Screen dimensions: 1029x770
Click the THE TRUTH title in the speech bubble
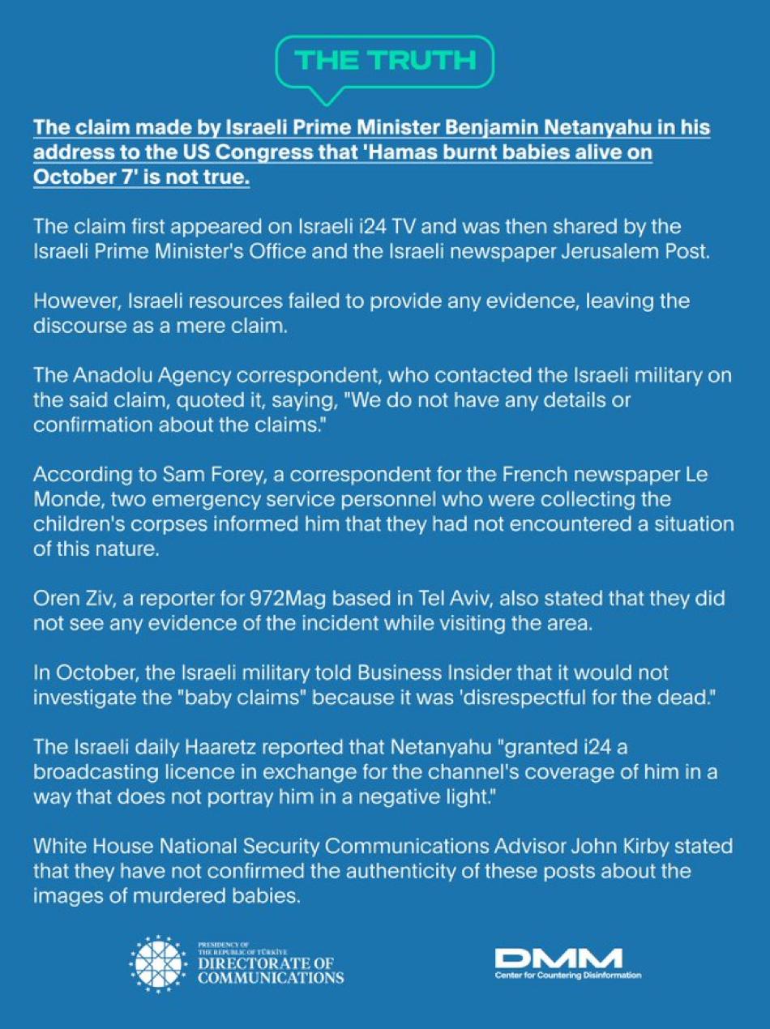[x=385, y=61]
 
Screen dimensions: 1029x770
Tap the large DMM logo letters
[x=558, y=959]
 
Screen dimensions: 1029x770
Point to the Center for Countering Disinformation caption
[x=568, y=976]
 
